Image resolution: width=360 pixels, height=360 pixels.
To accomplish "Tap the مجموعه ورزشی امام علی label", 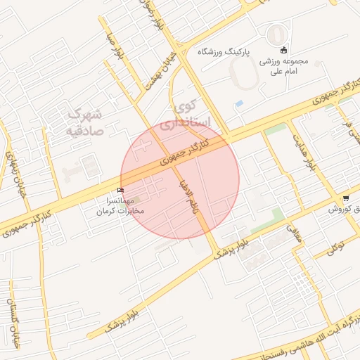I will [x=283, y=66].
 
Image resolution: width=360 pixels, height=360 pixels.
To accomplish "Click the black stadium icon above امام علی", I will [x=283, y=49].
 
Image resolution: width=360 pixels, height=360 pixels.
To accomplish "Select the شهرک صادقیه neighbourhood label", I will [x=85, y=121].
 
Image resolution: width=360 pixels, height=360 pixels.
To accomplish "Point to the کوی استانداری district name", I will [x=184, y=115].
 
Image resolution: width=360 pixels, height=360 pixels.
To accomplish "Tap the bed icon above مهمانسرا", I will [x=121, y=190].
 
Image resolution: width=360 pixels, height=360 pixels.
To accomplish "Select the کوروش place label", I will [x=347, y=210].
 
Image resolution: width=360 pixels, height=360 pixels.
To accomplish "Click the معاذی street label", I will [x=294, y=234].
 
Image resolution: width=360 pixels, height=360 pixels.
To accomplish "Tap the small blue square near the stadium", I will [x=239, y=104].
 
